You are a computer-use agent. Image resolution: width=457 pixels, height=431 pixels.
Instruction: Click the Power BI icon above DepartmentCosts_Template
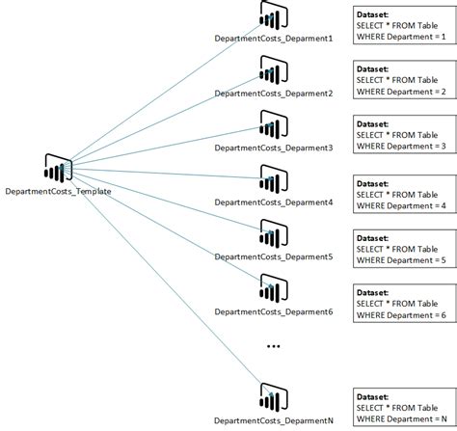tap(60, 170)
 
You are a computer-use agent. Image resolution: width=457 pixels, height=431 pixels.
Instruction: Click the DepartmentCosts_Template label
tap(58, 191)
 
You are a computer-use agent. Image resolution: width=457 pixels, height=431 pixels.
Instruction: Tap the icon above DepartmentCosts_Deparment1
tap(274, 19)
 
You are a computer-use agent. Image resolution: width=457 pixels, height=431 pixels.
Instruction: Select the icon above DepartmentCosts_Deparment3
tap(274, 128)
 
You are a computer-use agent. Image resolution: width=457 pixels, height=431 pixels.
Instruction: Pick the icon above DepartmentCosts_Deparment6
tap(274, 291)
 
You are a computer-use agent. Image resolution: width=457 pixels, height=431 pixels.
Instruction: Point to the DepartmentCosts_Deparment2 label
tap(274, 94)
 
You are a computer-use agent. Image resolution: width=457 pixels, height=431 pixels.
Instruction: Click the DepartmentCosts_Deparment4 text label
tap(274, 202)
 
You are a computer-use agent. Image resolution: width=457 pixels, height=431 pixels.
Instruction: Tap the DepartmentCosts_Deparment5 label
tap(274, 257)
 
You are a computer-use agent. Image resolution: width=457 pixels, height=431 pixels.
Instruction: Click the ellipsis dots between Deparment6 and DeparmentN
tap(274, 345)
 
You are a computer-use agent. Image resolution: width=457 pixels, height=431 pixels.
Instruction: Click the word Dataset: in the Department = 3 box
tap(373, 124)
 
